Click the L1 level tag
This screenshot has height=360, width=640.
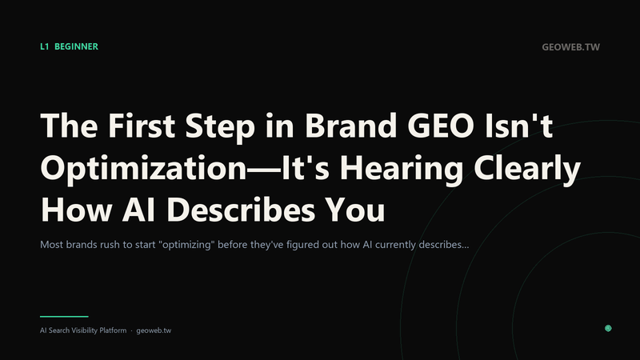tap(45, 46)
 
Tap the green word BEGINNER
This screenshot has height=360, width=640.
tap(76, 46)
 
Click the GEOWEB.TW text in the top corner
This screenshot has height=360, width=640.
tap(570, 47)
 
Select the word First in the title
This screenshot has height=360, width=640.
tap(142, 126)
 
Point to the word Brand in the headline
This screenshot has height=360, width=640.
tap(351, 126)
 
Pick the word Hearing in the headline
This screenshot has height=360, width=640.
tap(402, 168)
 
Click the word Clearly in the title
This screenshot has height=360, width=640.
tap(527, 168)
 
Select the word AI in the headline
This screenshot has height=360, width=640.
tap(138, 210)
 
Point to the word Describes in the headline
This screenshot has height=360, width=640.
tap(241, 210)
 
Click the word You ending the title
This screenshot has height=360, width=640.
tap(354, 210)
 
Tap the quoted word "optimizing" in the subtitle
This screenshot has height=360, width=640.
tap(186, 245)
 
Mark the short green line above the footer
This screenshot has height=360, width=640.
tap(64, 316)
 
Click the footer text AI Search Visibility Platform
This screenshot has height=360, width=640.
tap(83, 330)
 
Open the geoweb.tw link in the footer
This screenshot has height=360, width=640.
tap(154, 330)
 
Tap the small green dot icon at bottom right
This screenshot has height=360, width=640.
tap(608, 328)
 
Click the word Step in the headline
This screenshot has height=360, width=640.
tap(220, 126)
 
